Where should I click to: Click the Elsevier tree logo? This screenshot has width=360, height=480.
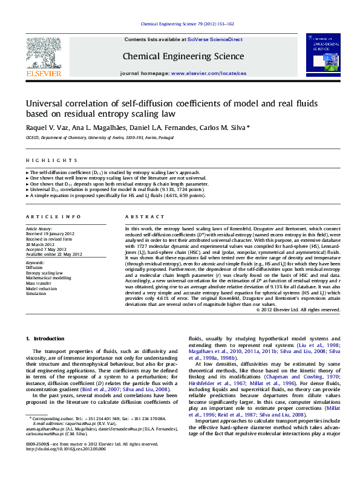[x=43, y=53]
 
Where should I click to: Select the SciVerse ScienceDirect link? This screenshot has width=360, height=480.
[x=215, y=39]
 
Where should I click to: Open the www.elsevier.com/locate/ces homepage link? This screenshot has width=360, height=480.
[x=209, y=73]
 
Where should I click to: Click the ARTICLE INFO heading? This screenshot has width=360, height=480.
[x=53, y=216]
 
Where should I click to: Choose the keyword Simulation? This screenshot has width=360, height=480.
[x=36, y=293]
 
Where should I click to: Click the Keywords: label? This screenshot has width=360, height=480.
[x=36, y=264]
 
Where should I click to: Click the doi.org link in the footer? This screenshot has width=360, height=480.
[x=66, y=450]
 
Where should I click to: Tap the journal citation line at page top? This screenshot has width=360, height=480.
[x=187, y=24]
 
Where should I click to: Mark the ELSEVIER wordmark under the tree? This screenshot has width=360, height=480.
[x=43, y=74]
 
